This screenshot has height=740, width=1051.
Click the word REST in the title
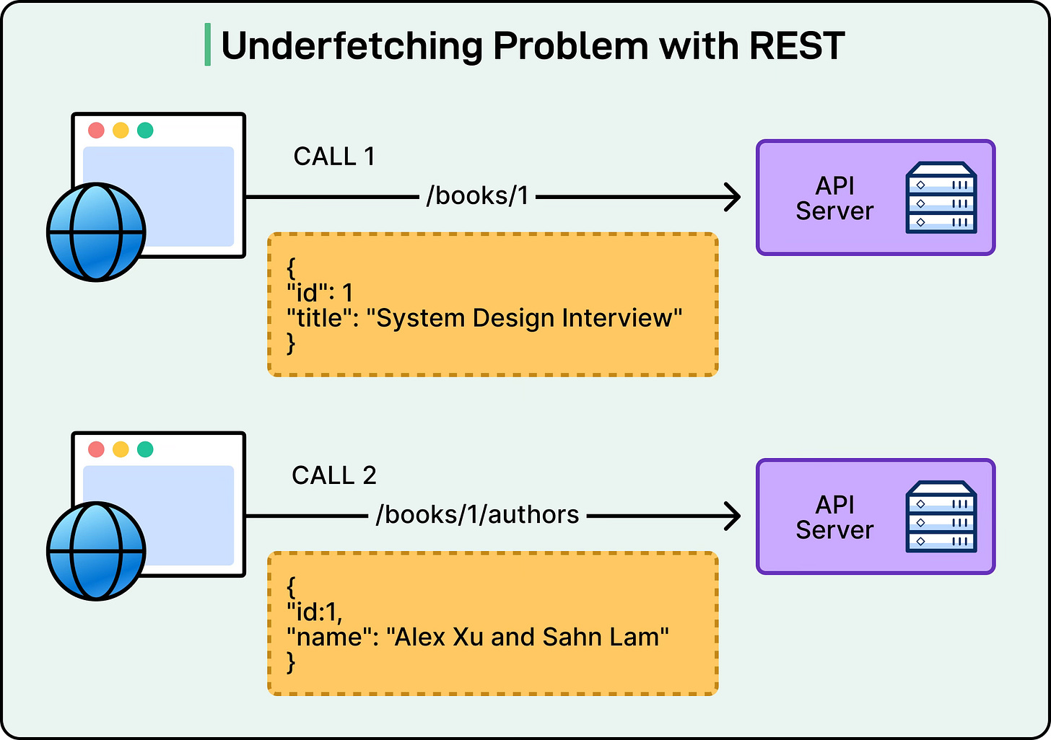point(797,46)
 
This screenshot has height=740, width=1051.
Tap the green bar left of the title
point(208,45)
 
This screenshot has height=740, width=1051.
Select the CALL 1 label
point(334,157)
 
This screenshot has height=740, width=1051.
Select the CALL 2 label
point(334,475)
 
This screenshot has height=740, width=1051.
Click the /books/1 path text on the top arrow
point(477,196)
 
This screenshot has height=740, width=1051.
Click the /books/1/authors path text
point(477,515)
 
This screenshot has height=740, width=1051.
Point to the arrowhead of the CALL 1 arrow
point(733,197)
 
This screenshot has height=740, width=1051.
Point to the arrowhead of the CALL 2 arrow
point(733,516)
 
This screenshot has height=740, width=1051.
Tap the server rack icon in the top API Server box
point(941,198)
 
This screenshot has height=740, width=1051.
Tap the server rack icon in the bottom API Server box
point(941,516)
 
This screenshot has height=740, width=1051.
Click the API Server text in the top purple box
point(834,198)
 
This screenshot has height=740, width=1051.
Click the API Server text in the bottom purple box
point(834,517)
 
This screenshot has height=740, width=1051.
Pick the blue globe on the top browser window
point(96,232)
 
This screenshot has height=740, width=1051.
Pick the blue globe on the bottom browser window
point(96,551)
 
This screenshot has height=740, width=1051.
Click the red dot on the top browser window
point(96,131)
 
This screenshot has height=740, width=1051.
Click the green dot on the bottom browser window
point(145,449)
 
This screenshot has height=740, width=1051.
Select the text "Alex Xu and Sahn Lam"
point(528,637)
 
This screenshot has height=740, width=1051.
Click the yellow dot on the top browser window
point(121,131)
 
